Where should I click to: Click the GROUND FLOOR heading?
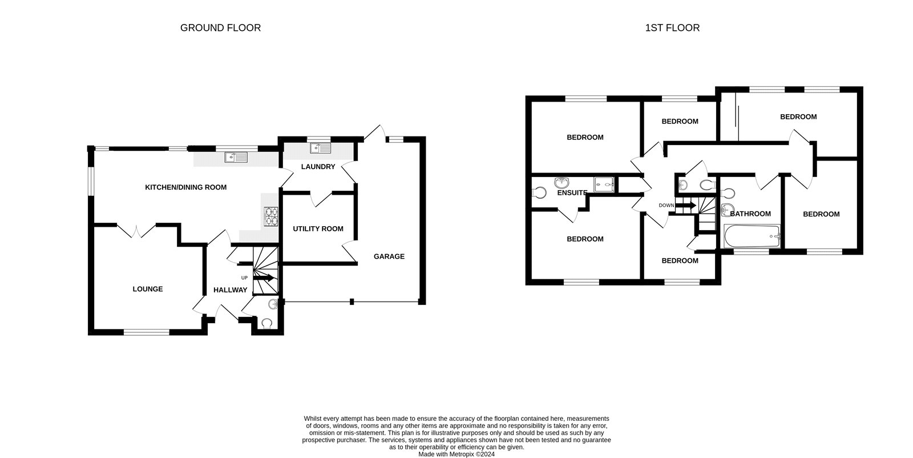(220, 27)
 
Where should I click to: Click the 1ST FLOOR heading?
(672, 27)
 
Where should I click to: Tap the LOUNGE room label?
(148, 289)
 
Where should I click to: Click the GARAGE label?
(389, 256)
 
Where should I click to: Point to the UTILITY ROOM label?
(318, 229)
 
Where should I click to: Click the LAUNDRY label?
(318, 167)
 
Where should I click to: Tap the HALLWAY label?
(231, 290)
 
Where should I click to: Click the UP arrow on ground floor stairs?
(264, 278)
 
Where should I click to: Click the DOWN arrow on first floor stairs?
(685, 205)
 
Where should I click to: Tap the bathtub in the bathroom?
(751, 236)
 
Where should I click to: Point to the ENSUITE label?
(572, 193)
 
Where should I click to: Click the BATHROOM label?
(750, 214)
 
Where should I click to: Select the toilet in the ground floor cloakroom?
(266, 324)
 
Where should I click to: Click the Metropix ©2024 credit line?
(457, 455)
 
